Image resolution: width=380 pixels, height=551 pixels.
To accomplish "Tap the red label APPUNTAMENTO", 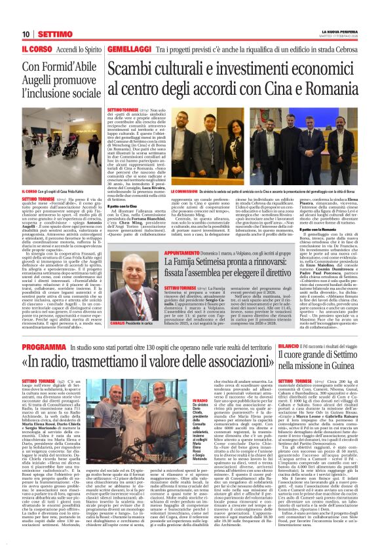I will [170, 252].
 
